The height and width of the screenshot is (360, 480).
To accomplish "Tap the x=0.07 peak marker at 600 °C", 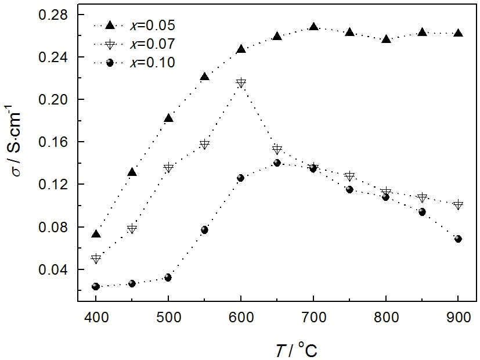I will [x=241, y=83].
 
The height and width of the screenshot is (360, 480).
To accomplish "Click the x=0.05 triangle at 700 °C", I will [x=313, y=27].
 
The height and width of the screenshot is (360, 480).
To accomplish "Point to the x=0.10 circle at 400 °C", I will [x=96, y=286].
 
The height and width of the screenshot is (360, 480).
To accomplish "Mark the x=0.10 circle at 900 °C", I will [x=458, y=239].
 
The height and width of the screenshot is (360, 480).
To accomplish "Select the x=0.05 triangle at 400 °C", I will [x=96, y=234].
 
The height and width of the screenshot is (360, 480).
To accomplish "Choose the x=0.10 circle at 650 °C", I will [x=277, y=163].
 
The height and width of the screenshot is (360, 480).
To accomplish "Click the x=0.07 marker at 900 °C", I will [x=458, y=204].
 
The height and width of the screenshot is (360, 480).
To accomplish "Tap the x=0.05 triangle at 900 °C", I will [x=458, y=33].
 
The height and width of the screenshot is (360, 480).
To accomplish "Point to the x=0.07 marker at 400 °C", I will [x=96, y=258].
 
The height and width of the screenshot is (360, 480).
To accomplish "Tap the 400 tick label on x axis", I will [x=96, y=318].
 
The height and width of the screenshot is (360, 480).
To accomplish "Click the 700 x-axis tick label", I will [x=313, y=318].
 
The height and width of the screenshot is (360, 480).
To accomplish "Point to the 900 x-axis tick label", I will [x=458, y=318].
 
